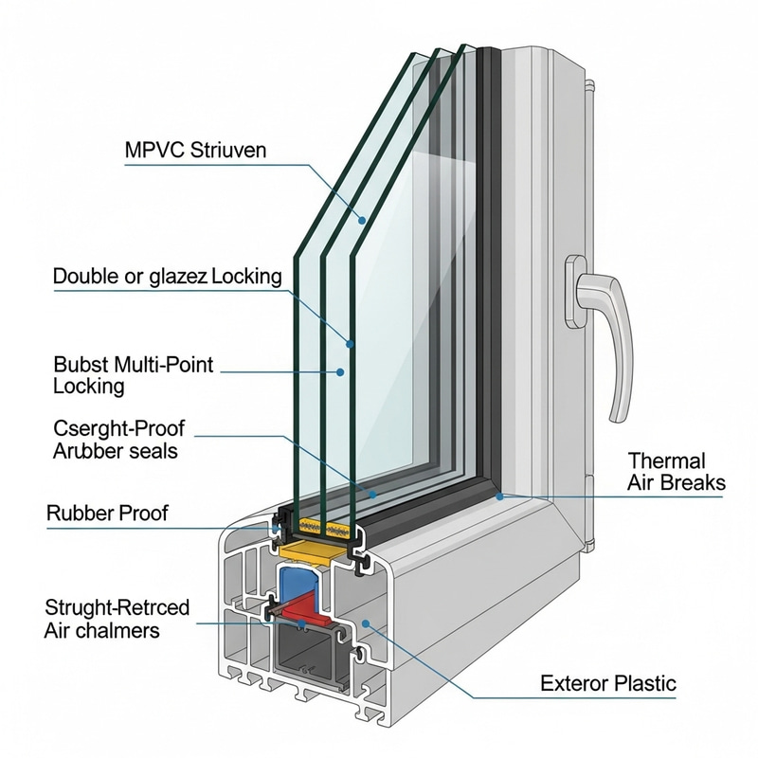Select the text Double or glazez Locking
coord(168,277)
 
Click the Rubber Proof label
coord(107,514)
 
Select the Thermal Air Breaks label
coord(676,472)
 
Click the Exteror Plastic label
coord(608,683)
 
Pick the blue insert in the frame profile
coord(302,582)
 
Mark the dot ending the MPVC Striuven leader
coord(362,220)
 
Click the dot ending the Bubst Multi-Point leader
coord(340,372)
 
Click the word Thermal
coord(666,461)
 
